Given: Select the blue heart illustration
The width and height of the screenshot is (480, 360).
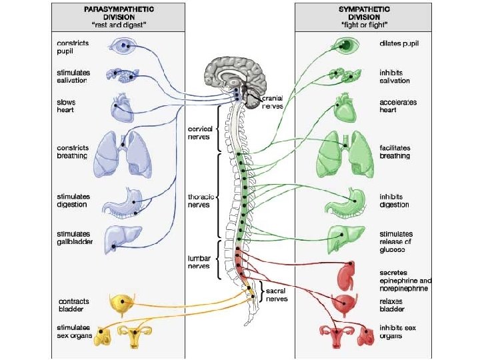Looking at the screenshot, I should [x=124, y=106].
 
